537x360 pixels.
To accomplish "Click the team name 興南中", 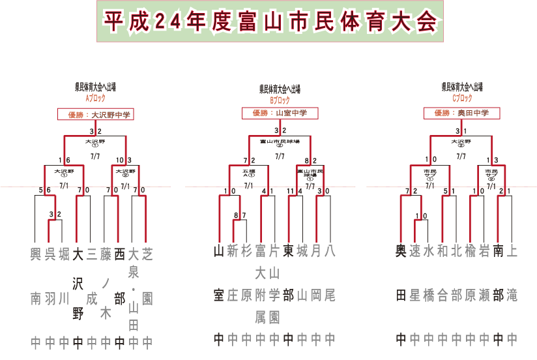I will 36,297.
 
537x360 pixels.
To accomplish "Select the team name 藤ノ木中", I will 105,297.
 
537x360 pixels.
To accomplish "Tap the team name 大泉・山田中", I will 133,297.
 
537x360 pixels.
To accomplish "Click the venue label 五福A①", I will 248,173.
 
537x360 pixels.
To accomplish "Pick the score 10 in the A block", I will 121,160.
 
